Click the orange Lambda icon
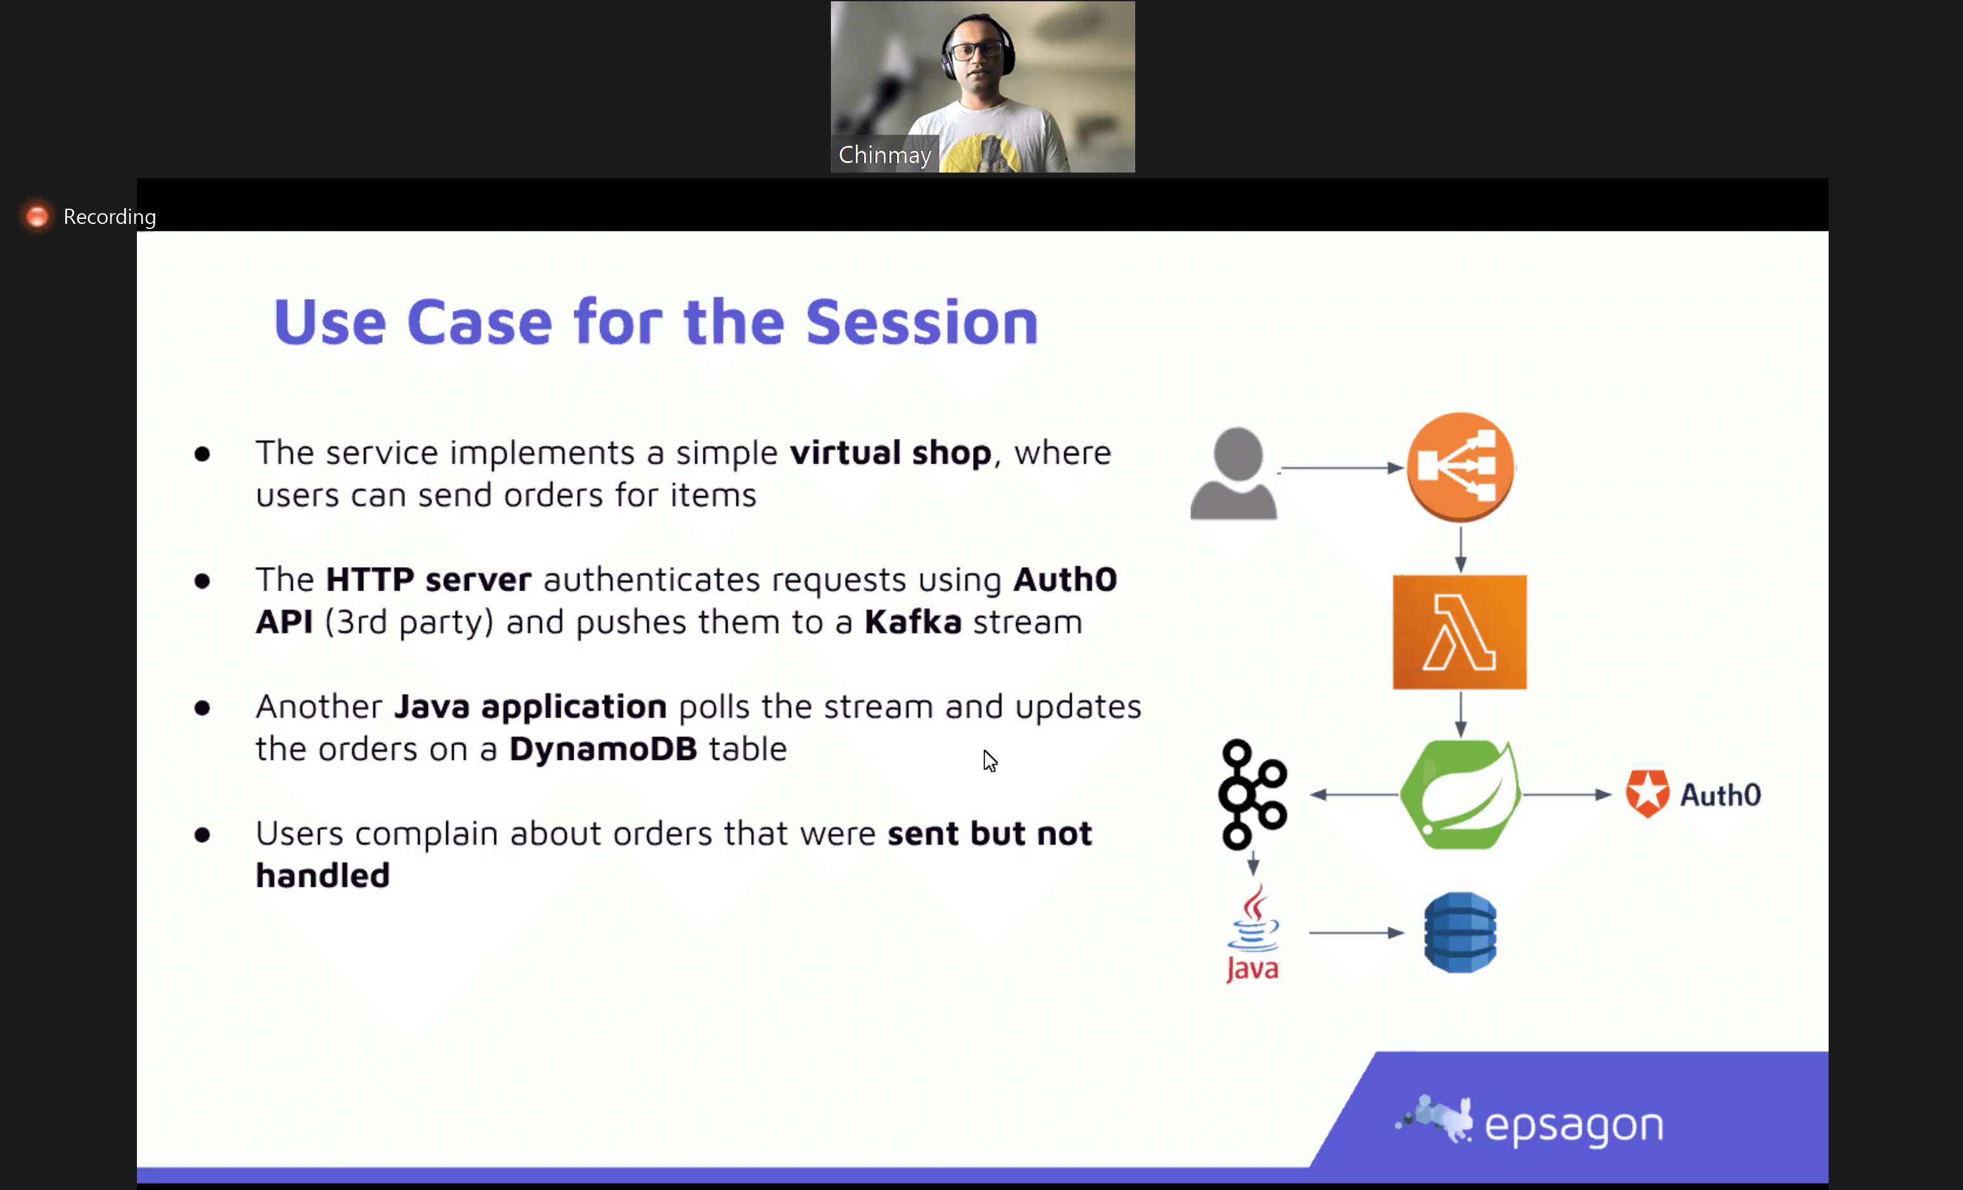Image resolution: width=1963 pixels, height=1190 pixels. pyautogui.click(x=1460, y=632)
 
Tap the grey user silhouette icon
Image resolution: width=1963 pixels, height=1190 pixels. pyautogui.click(x=1233, y=473)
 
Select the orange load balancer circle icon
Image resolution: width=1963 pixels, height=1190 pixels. pyautogui.click(x=1460, y=467)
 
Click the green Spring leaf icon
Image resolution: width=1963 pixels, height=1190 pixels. pyautogui.click(x=1460, y=795)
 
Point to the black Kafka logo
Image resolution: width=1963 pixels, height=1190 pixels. pyautogui.click(x=1253, y=794)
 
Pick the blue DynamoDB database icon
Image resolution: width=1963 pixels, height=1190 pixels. pyautogui.click(x=1460, y=932)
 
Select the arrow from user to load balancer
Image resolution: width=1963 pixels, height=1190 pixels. pyautogui.click(x=1342, y=468)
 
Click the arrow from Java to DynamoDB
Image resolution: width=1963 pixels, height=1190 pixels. pyautogui.click(x=1356, y=932)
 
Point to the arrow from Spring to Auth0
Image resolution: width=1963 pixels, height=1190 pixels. pyautogui.click(x=1567, y=795)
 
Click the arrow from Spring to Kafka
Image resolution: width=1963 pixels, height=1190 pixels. pyautogui.click(x=1355, y=795)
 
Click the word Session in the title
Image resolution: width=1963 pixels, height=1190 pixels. pyautogui.click(x=922, y=322)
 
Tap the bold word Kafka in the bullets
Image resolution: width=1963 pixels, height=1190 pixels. pyautogui.click(x=913, y=622)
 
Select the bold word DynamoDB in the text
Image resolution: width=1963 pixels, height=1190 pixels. pyautogui.click(x=603, y=749)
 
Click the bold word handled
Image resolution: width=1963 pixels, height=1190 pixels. pyautogui.click(x=323, y=875)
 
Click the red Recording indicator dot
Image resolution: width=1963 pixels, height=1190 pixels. pyautogui.click(x=37, y=216)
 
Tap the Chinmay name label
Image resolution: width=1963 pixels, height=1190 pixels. pyautogui.click(x=884, y=155)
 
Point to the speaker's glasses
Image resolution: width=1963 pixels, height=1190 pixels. pyautogui.click(x=976, y=50)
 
